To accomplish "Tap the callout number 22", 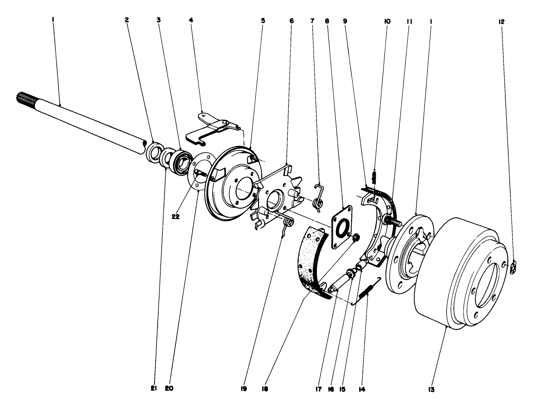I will [x=176, y=216].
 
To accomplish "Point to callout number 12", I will [x=501, y=22].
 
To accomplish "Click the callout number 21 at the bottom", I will [x=154, y=389].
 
